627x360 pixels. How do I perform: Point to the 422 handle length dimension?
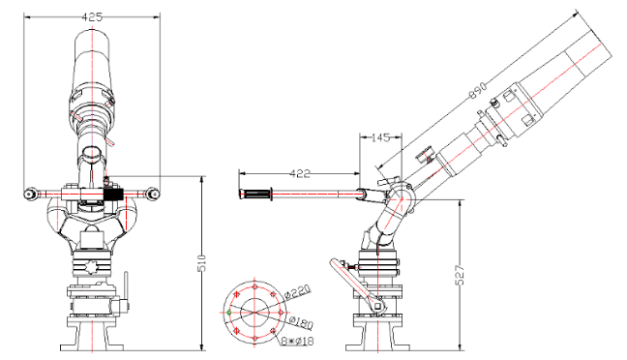tap(302, 174)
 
